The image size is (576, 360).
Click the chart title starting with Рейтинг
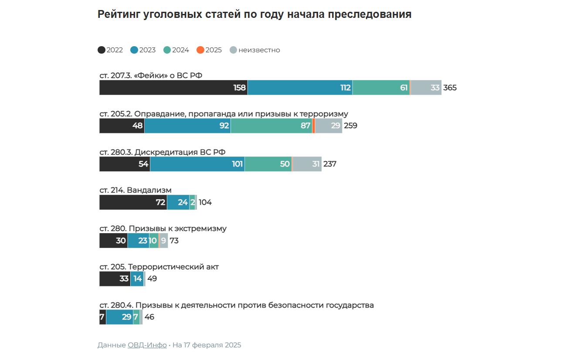(254, 14)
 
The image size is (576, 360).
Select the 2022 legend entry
(110, 50)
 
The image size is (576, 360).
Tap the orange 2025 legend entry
(209, 50)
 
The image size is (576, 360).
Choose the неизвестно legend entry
(255, 50)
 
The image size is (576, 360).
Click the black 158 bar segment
(173, 88)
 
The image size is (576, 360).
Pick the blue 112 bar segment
(300, 88)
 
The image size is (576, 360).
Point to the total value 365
(450, 88)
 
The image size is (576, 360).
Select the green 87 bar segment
(271, 126)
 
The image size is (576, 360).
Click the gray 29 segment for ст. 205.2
(329, 126)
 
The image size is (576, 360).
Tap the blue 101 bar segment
(197, 164)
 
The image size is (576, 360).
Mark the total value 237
(330, 164)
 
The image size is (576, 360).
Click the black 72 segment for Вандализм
(133, 203)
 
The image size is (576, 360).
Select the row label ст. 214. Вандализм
(136, 190)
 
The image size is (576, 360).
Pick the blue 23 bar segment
(138, 241)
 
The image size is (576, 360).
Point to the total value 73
(174, 241)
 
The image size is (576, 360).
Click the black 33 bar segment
(115, 279)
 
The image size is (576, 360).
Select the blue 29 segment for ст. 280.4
(119, 317)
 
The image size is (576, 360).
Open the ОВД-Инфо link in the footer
(147, 345)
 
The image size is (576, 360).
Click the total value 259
(350, 126)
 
